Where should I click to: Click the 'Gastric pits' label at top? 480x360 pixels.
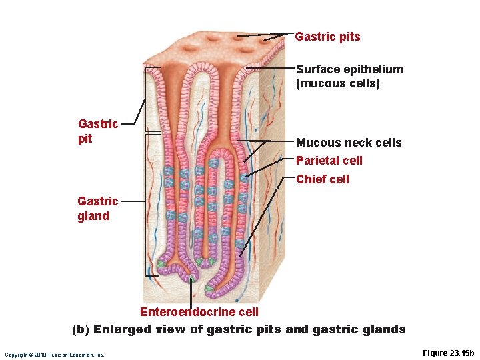click(x=327, y=37)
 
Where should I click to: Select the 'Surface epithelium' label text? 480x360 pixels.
click(x=349, y=69)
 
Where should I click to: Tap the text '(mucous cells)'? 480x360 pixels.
click(x=337, y=83)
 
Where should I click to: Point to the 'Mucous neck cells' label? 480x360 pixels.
click(x=349, y=143)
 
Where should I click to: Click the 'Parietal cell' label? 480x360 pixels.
click(x=329, y=161)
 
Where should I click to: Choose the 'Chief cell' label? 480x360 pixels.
click(x=323, y=179)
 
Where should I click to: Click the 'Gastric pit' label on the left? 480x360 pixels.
click(x=97, y=131)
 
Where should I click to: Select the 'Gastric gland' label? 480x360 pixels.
click(x=97, y=208)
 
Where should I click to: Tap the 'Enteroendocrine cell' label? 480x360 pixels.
click(x=199, y=312)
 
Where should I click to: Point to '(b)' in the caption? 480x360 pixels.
click(x=81, y=329)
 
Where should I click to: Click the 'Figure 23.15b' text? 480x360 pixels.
click(x=448, y=353)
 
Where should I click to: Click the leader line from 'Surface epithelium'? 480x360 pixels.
click(x=270, y=68)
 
